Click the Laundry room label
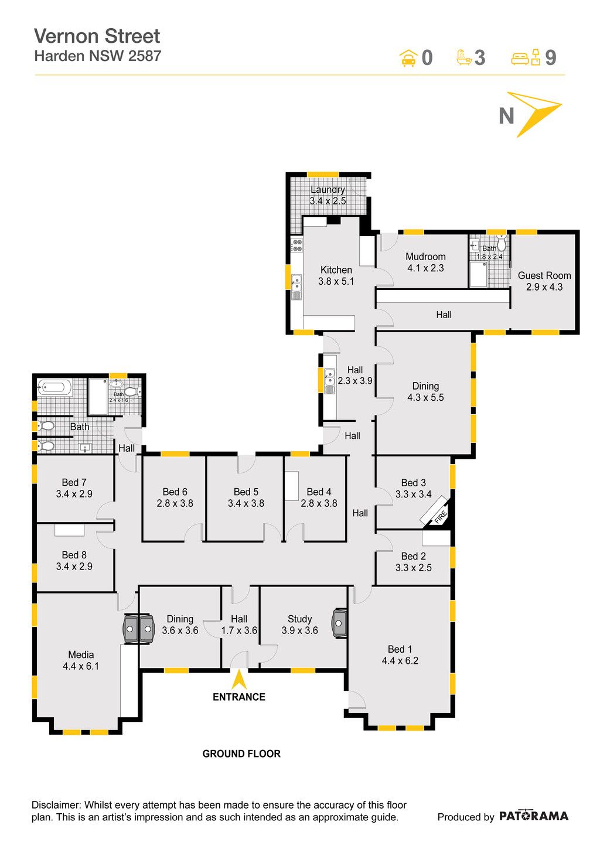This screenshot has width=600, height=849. (328, 189)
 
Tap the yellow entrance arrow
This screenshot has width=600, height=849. (239, 680)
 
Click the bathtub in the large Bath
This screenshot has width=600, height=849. (55, 387)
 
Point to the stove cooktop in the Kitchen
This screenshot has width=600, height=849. (296, 245)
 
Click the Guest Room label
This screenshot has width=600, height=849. (544, 275)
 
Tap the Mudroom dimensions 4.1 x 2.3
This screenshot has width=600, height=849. (425, 268)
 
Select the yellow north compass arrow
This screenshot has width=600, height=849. (534, 114)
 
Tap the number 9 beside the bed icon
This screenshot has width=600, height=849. (550, 58)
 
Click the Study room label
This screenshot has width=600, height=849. (299, 619)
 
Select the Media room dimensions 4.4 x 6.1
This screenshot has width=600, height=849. (81, 666)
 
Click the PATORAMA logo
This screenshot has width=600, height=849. (533, 816)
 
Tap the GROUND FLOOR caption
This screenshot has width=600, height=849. (241, 753)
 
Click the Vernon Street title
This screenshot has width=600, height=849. (97, 36)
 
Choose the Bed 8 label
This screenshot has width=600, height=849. (74, 555)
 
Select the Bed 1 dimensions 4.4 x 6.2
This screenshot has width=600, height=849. (400, 661)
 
